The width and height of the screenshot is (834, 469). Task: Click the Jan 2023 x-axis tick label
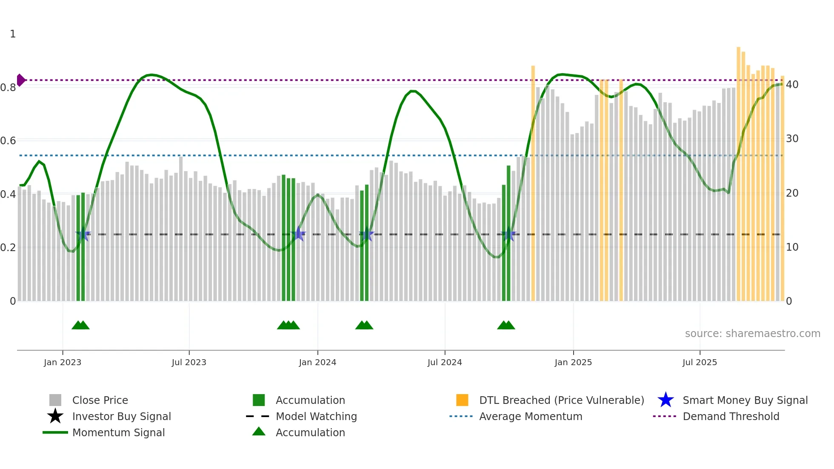pos(63,362)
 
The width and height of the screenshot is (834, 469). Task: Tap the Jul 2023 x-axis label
pos(189,362)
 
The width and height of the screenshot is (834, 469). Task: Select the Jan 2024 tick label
pos(317,362)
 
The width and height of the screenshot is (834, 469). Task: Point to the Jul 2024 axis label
pos(445,362)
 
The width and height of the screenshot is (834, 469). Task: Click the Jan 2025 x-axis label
pos(573,362)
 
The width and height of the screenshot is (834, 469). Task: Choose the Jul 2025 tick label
pos(700,362)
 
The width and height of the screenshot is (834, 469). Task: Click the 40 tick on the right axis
pos(792,85)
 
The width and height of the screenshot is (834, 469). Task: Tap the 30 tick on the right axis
pos(792,139)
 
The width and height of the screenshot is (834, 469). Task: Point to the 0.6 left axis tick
pos(8,141)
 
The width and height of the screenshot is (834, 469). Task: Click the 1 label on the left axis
pos(13,34)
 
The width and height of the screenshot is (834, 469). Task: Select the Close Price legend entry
pos(100,400)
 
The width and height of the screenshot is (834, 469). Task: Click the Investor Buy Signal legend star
pos(55,416)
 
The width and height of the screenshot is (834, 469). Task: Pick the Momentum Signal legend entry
pos(118,432)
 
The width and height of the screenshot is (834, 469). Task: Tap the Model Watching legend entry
pos(316,416)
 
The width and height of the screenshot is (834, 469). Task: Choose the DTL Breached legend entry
pos(561,400)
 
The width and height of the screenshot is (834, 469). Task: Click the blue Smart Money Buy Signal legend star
pos(665,400)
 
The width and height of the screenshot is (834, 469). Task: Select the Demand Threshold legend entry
pos(731,416)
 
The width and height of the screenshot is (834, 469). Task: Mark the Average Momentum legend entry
pos(531,416)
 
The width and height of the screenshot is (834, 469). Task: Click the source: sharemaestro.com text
pos(752,334)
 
